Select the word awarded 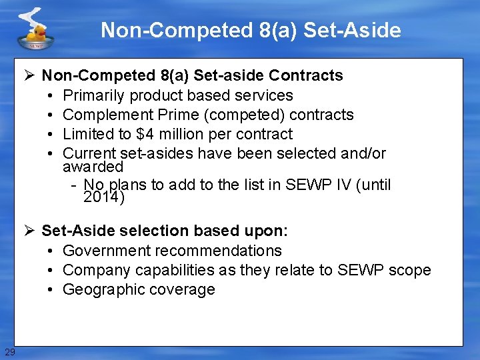click(x=93, y=166)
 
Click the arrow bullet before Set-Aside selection click(x=31, y=231)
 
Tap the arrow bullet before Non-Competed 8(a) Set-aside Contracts click(x=31, y=75)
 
